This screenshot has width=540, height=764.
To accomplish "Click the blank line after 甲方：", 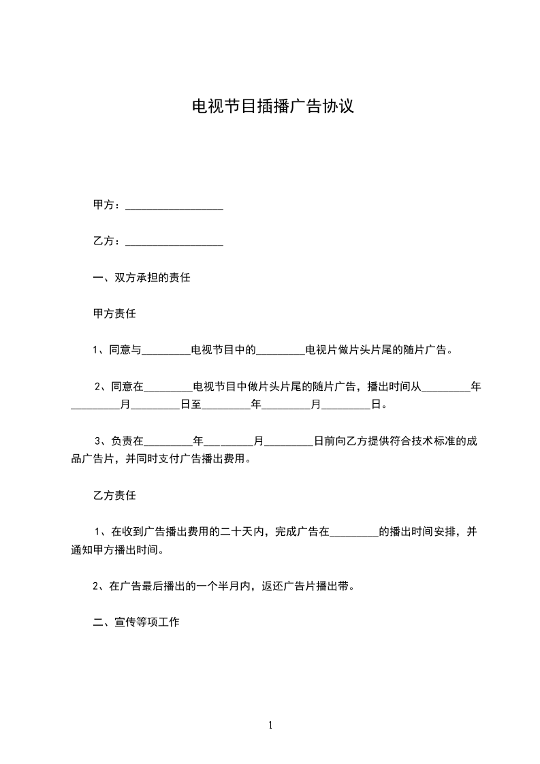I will pos(174,206).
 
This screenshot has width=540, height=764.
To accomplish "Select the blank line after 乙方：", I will pos(174,242).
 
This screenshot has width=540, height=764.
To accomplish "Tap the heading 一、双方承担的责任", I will pos(141,278).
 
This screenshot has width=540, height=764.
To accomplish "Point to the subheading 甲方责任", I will pos(114,314).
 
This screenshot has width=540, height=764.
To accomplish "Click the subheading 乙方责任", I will pos(114,495).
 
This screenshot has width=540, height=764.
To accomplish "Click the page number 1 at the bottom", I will pos(270,726).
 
